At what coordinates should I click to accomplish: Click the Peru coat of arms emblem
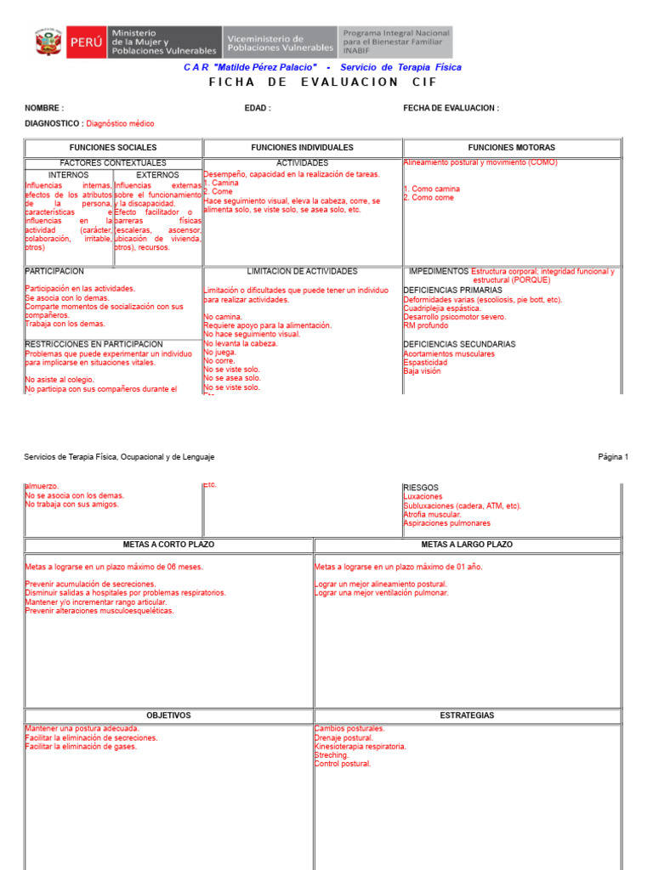pos(48,42)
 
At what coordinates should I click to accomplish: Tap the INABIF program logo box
pos(395,42)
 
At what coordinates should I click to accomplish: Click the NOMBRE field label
pos(44,109)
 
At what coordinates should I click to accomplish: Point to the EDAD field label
pos(258,109)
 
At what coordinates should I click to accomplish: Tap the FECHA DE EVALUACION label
pos(451,109)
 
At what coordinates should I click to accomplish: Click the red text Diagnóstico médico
pos(120,124)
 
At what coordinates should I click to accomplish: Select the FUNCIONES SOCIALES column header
pos(113,148)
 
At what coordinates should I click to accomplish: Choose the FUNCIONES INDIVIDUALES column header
pos(302,148)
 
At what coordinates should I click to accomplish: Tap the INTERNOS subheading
pos(68,175)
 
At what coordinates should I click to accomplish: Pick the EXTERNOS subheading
pos(158,175)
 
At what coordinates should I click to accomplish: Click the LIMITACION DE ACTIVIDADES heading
pos(302,272)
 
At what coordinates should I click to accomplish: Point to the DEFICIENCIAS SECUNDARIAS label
pos(459,344)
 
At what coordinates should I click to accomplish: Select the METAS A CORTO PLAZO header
pos(168,545)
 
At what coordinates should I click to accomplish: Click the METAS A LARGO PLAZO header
pos(467,545)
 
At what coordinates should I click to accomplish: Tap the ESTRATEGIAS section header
pos(467,715)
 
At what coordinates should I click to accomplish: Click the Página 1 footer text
pos(612,457)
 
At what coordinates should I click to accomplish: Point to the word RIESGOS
pos(421,488)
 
